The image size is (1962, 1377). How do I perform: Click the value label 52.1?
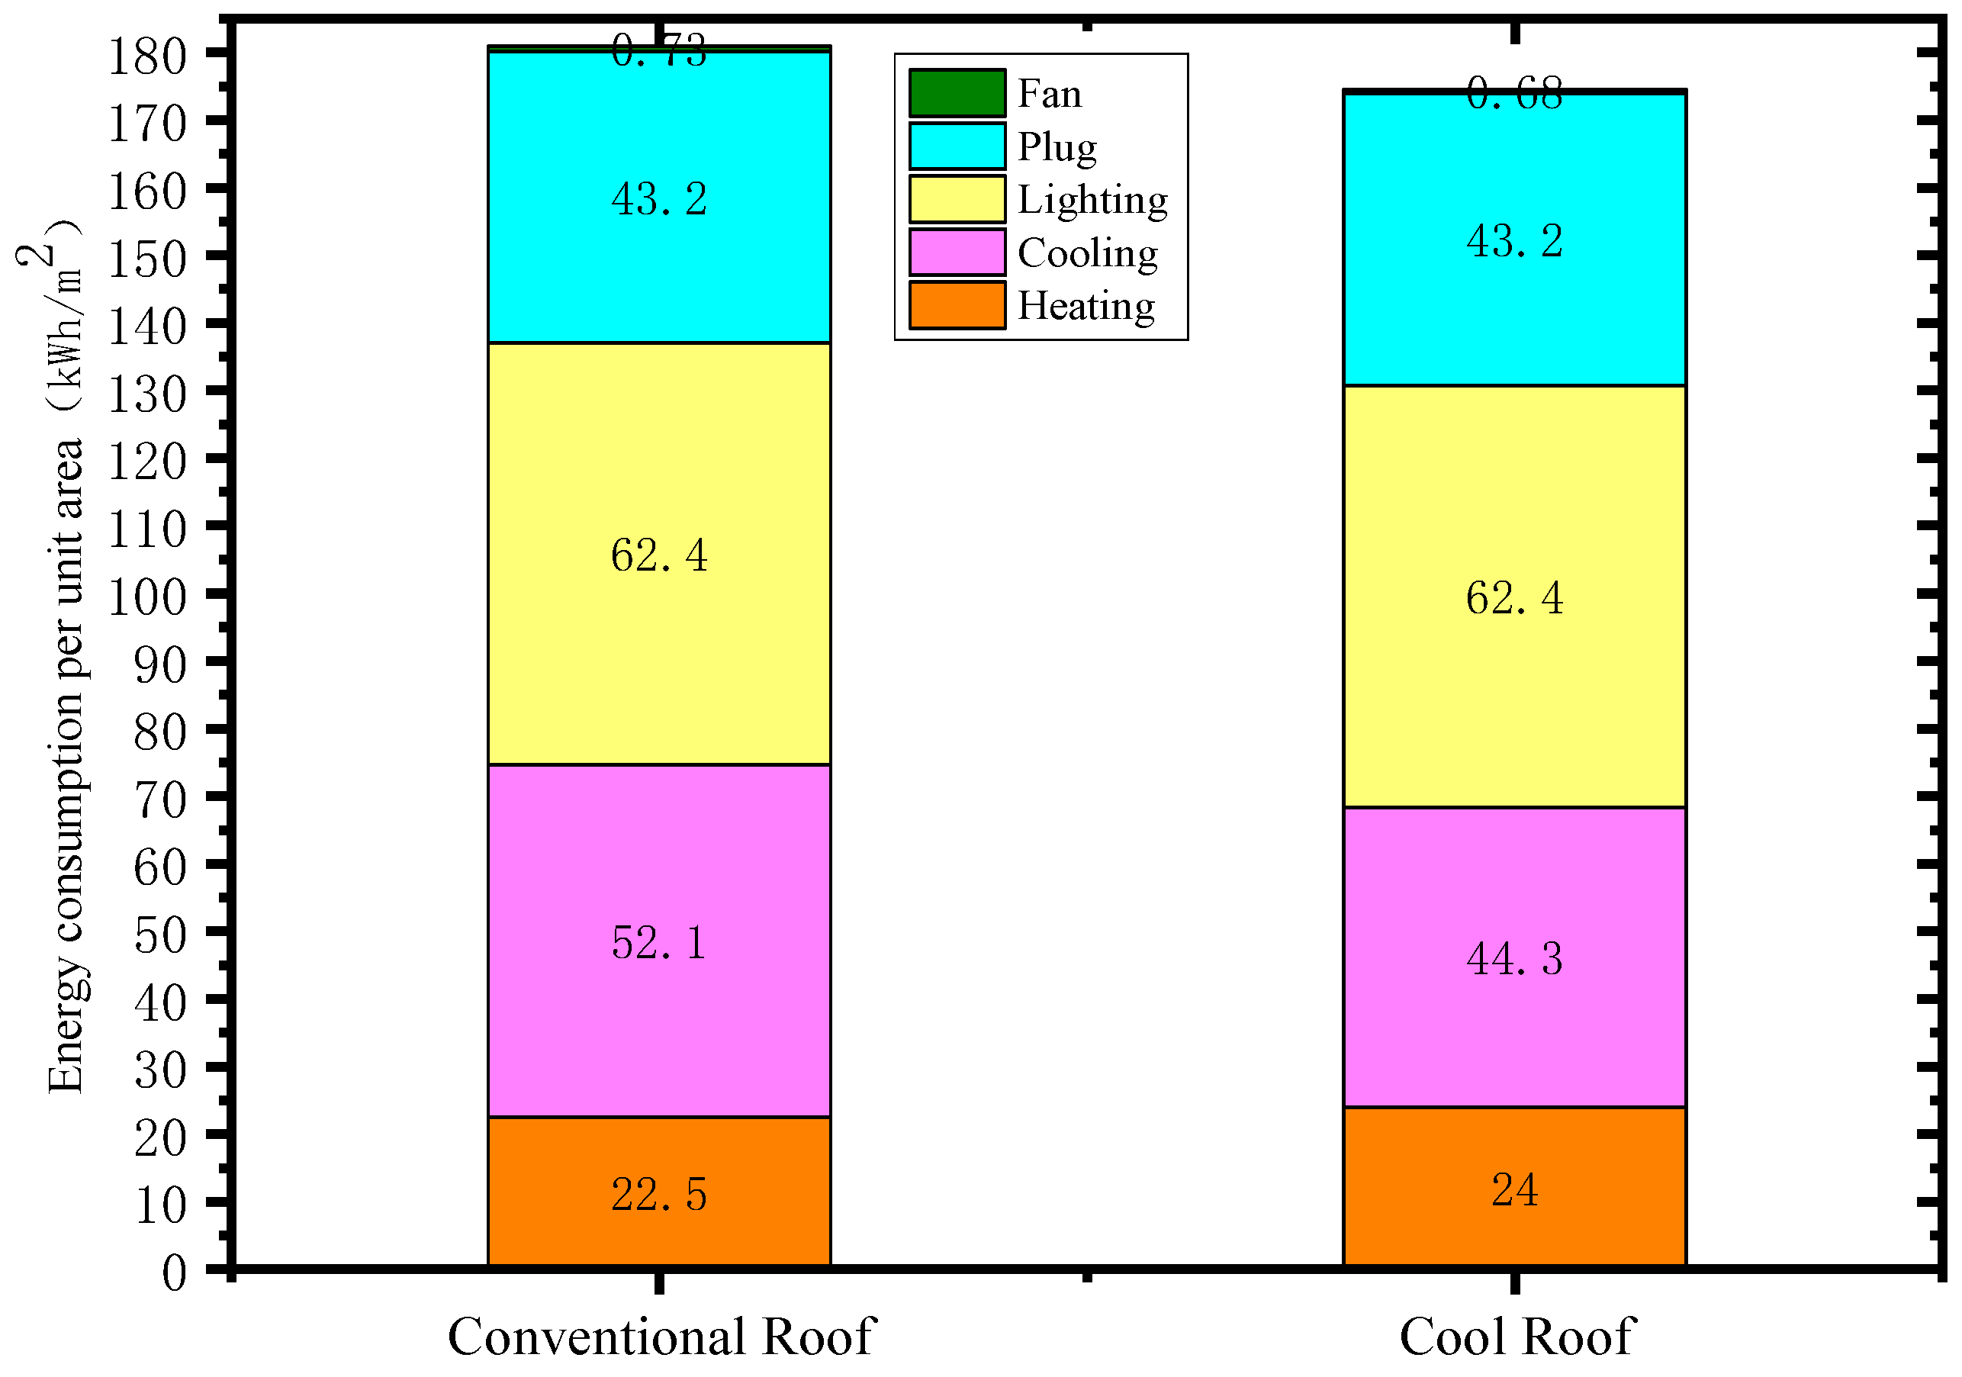tap(659, 944)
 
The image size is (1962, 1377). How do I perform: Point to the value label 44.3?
tap(1514, 959)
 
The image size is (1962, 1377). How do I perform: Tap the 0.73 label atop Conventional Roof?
tap(659, 51)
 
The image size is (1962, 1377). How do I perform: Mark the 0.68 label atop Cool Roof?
tap(1514, 93)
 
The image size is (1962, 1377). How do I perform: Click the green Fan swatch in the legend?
tap(957, 92)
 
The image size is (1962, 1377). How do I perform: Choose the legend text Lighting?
tap(1092, 200)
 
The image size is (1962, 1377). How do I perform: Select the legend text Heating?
tap(1086, 306)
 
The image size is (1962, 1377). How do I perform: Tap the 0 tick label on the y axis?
tap(175, 1273)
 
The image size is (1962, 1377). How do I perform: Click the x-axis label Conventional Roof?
tap(661, 1337)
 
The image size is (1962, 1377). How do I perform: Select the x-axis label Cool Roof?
tap(1516, 1337)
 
